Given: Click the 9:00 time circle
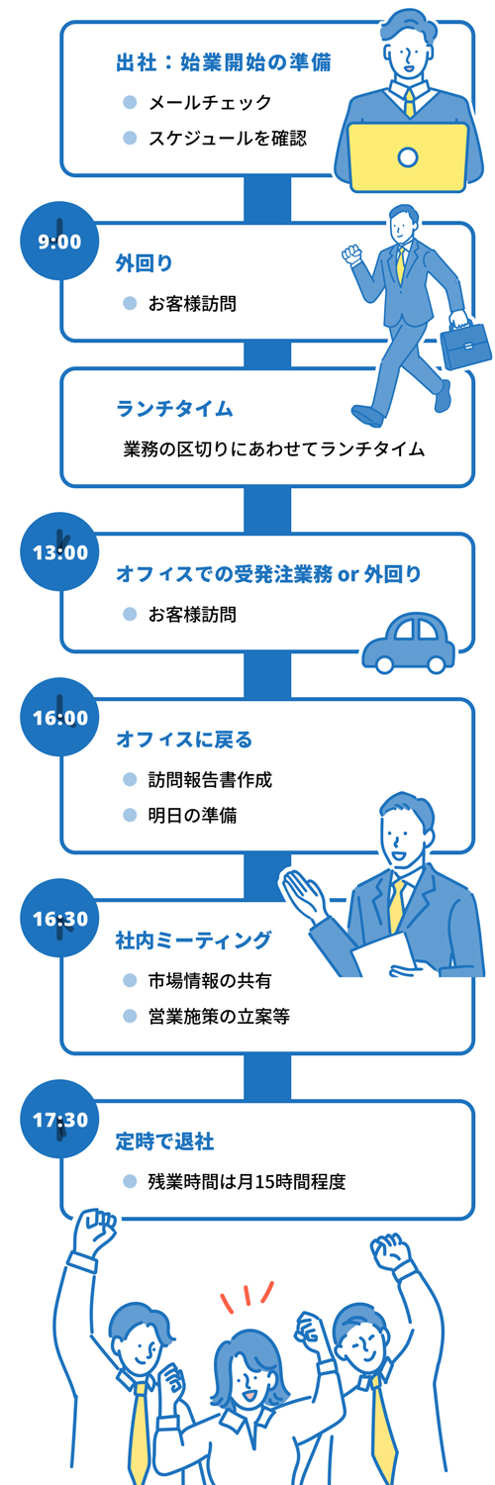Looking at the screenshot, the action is point(59,241).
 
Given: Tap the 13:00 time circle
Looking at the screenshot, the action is point(59,551).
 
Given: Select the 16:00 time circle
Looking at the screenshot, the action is point(59,717).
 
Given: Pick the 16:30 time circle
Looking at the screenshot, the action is point(59,918).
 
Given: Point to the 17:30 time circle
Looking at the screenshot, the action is point(59,1119).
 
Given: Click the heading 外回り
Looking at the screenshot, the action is point(144,263).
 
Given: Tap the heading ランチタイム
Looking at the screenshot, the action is point(174,408).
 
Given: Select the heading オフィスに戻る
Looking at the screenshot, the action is point(184,739).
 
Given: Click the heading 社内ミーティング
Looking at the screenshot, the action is point(193,940).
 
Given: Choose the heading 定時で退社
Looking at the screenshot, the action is point(164,1140).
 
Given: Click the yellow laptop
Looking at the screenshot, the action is point(408,157).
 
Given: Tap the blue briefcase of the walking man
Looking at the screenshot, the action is point(466,343).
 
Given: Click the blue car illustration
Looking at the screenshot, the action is point(408,643).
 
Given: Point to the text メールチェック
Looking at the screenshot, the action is point(210,102).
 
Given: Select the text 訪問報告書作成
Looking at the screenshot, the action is point(210,780).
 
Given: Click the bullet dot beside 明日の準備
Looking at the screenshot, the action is point(130,815).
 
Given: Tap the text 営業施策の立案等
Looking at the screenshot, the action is point(220,1016).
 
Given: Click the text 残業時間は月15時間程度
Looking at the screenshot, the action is point(247,1181).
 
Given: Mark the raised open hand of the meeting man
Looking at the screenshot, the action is point(303,893).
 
